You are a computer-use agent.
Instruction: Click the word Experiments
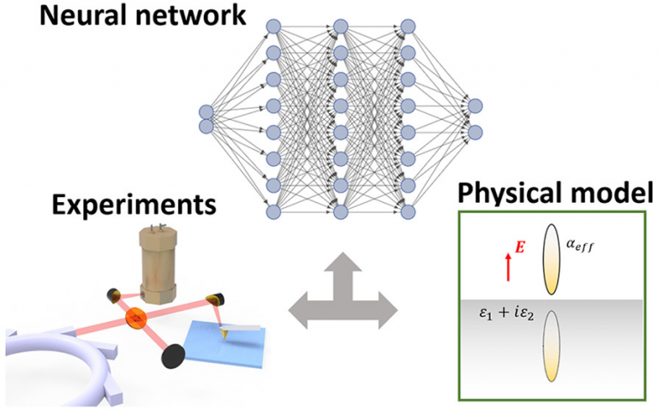click(x=134, y=205)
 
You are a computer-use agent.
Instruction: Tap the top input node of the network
click(x=206, y=112)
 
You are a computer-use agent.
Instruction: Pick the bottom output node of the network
click(x=475, y=133)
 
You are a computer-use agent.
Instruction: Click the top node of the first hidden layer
click(x=273, y=27)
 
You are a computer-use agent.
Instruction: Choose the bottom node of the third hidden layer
click(x=408, y=211)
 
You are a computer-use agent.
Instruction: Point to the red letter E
click(x=519, y=247)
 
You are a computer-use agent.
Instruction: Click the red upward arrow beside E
click(x=508, y=266)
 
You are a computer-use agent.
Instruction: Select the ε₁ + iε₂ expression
click(x=506, y=314)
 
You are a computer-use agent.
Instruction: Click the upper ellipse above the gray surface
click(x=552, y=259)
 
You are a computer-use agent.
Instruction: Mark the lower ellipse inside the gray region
click(x=552, y=346)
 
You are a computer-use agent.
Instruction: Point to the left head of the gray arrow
click(x=298, y=311)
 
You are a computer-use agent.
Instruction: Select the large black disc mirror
click(x=173, y=356)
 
